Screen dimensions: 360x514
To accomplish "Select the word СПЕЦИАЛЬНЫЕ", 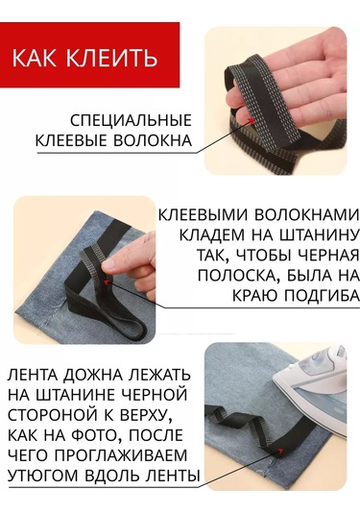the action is tap(131, 121).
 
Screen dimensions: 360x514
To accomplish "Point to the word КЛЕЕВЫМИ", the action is tap(204, 215).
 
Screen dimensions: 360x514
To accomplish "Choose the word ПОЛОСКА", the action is tap(238, 276).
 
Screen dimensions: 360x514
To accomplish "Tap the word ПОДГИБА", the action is tap(321, 295).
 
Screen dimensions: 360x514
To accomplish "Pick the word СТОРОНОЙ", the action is tap(53, 415).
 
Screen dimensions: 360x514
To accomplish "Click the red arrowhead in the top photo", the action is tap(252, 121).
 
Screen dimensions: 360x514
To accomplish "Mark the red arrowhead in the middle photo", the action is tap(106, 281).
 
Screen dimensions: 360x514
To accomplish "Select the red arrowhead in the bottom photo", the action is tap(280, 450).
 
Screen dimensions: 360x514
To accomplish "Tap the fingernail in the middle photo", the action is tap(108, 262).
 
